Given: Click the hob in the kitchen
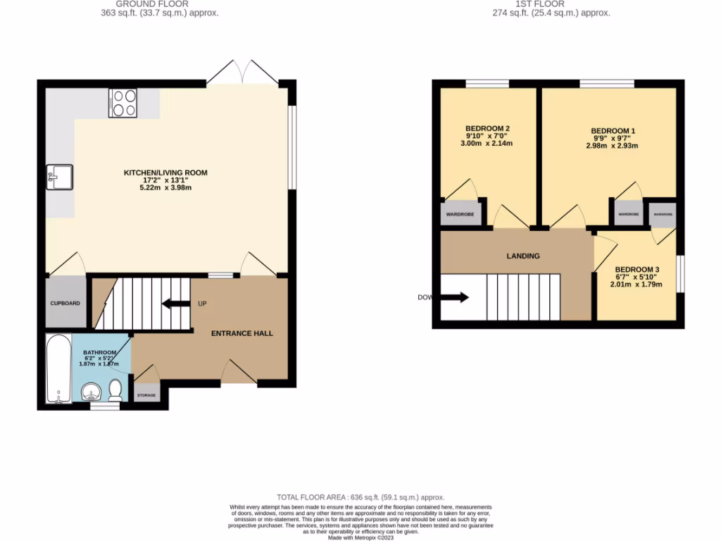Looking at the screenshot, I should click(x=123, y=103).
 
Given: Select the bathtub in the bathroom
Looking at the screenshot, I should click(x=57, y=369).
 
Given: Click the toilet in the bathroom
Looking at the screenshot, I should click(x=115, y=390).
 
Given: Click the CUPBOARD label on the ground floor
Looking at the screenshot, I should click(x=65, y=304).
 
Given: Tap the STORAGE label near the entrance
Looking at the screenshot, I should click(x=146, y=395).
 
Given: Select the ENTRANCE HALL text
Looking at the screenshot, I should click(x=242, y=333).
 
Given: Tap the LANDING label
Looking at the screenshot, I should click(x=523, y=256).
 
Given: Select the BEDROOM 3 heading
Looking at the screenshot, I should click(x=637, y=269).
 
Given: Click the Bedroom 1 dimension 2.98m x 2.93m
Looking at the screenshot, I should click(x=612, y=146).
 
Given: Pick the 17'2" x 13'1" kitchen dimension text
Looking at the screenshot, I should click(x=165, y=180).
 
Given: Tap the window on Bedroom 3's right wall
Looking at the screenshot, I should click(x=680, y=273).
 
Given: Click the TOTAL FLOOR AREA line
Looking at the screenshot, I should click(x=360, y=497).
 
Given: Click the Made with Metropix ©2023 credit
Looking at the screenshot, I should click(x=360, y=537).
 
